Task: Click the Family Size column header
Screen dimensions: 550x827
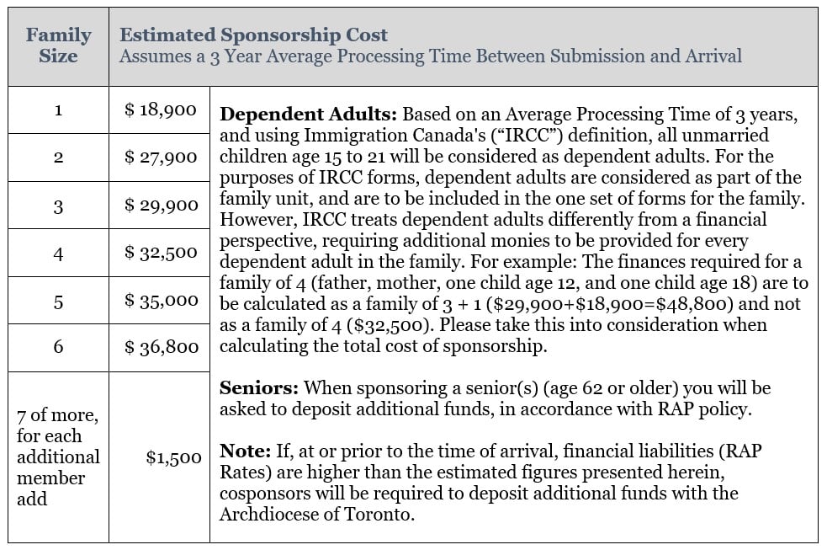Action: point(58,45)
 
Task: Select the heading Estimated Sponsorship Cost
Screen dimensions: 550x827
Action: point(253,35)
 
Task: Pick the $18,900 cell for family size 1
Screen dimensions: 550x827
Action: point(160,109)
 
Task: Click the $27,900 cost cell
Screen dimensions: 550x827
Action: point(160,157)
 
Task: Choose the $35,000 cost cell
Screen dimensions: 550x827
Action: point(160,301)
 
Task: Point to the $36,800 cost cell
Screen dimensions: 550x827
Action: point(160,347)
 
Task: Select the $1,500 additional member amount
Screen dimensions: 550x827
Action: point(173,457)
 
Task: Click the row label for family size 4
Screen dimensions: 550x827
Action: point(58,253)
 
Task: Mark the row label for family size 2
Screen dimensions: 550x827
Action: point(58,158)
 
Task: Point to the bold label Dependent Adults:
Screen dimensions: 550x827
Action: point(309,115)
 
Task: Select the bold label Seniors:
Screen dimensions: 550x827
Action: point(259,388)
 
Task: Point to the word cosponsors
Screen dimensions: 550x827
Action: point(262,493)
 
